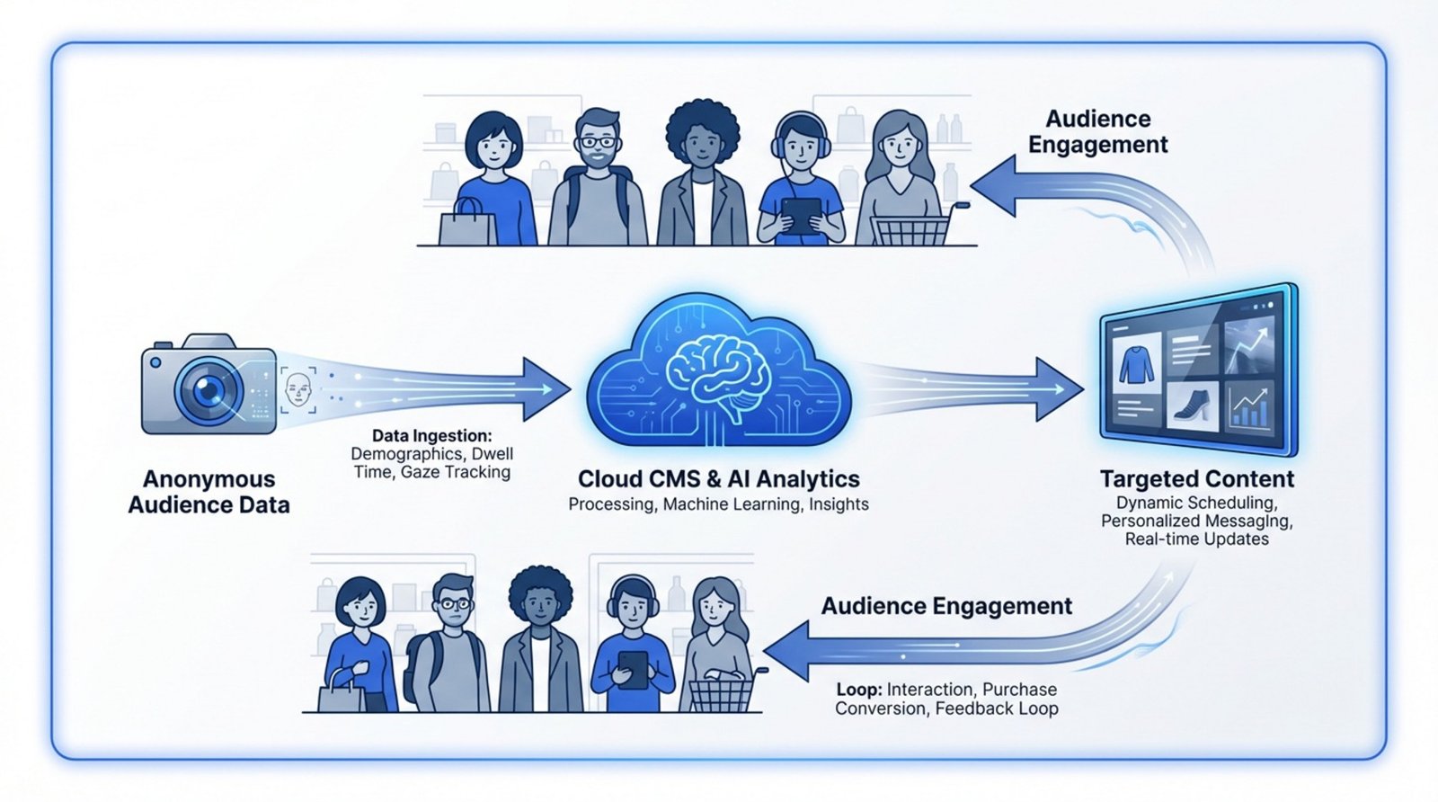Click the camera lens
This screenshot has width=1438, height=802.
(x=209, y=390)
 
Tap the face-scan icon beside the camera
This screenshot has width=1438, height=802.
(x=297, y=390)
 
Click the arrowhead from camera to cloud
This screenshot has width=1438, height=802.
(x=546, y=389)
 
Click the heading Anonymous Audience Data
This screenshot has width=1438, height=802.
(x=209, y=492)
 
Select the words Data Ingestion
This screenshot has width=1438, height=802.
(x=431, y=436)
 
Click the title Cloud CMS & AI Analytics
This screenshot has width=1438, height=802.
(x=718, y=478)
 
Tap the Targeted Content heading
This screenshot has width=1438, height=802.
(x=1196, y=478)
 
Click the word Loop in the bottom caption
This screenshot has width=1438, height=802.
(x=857, y=690)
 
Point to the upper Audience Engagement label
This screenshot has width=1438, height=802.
(x=1097, y=131)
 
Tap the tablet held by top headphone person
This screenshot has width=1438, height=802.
(x=800, y=216)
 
